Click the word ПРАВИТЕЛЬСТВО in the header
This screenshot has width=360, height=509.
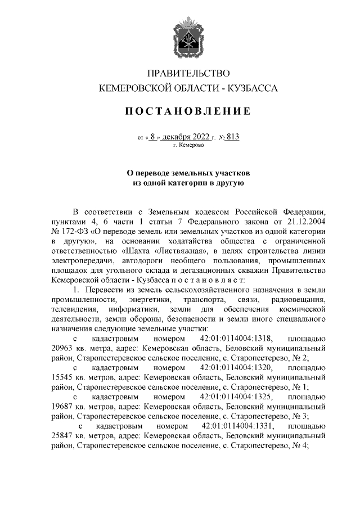click(x=188, y=74)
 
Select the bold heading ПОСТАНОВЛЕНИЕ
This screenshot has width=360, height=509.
click(x=188, y=112)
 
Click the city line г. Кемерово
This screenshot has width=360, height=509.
click(x=188, y=145)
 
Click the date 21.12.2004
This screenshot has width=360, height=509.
click(x=304, y=221)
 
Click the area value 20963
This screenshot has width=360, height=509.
click(x=62, y=348)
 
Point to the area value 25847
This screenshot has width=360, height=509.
click(x=62, y=436)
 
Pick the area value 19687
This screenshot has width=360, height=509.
click(x=62, y=407)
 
